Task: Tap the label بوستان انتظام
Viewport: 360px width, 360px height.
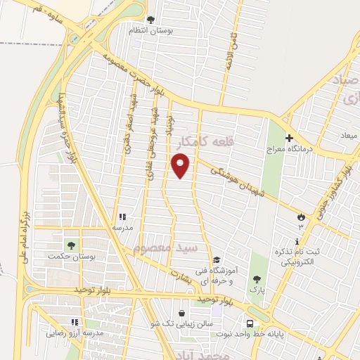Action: (148, 30)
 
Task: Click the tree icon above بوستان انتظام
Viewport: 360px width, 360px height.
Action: (149, 20)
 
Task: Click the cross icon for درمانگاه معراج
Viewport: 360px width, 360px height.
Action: (288, 137)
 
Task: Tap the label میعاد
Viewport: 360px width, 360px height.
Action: (349, 134)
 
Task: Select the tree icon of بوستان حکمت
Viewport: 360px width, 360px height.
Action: (70, 245)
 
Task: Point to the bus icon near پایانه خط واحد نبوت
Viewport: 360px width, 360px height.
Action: (250, 323)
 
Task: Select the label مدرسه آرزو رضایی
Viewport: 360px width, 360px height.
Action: (73, 333)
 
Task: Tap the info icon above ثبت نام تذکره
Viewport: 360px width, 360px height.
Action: (297, 241)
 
